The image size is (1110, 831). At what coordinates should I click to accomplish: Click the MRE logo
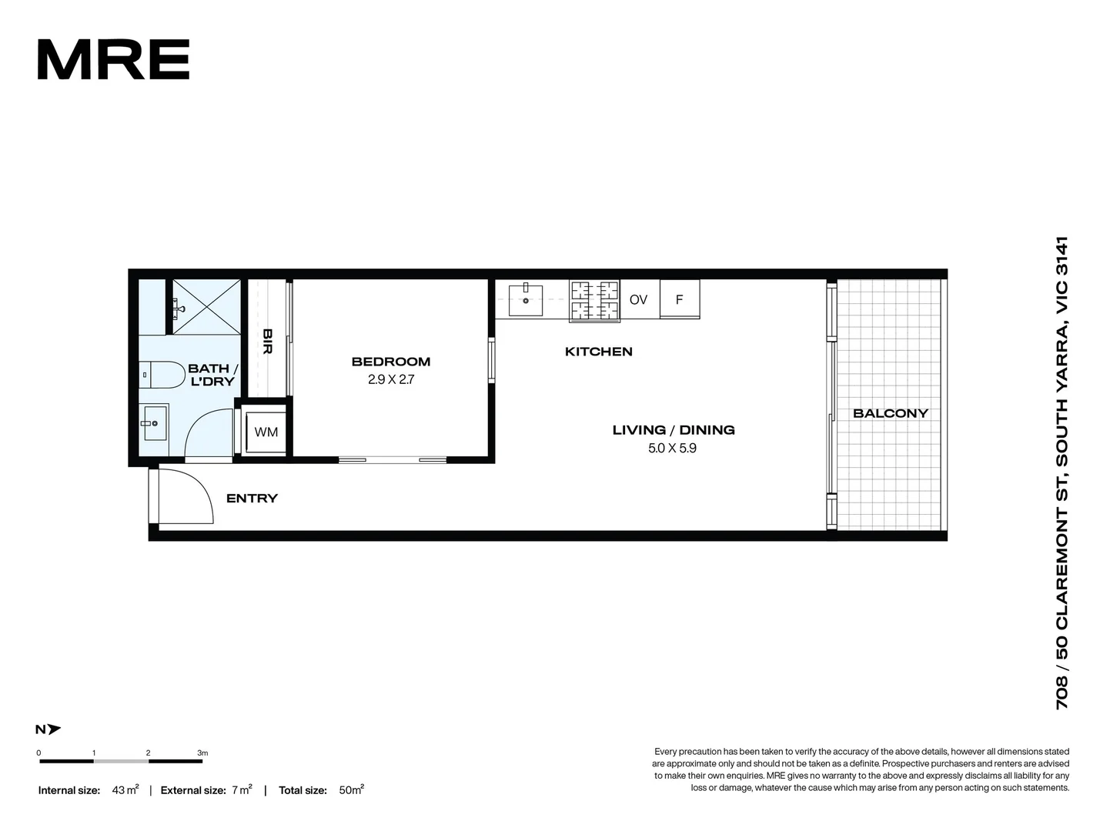click(113, 60)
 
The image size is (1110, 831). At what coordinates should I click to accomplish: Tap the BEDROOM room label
click(391, 362)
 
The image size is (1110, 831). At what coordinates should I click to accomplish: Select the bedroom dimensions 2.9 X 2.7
click(391, 379)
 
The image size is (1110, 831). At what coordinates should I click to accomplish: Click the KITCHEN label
click(598, 352)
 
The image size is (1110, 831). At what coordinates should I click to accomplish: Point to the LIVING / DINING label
click(674, 430)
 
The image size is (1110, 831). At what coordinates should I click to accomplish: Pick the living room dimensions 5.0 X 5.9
click(672, 448)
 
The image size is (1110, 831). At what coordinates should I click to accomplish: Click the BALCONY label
click(891, 413)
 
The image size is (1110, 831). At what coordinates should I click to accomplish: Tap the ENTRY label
click(252, 499)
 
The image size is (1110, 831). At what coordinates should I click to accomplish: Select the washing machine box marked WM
click(266, 432)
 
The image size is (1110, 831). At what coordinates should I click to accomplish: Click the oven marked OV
click(638, 299)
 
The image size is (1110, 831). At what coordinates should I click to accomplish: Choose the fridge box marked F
click(679, 299)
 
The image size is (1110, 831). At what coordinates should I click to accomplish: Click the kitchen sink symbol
click(526, 299)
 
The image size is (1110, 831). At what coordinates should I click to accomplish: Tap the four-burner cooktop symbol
click(594, 299)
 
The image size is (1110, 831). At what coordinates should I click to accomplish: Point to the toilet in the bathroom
click(157, 375)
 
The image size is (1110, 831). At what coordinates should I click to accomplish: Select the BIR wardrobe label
click(267, 341)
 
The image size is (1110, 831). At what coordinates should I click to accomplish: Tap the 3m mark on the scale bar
click(202, 753)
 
